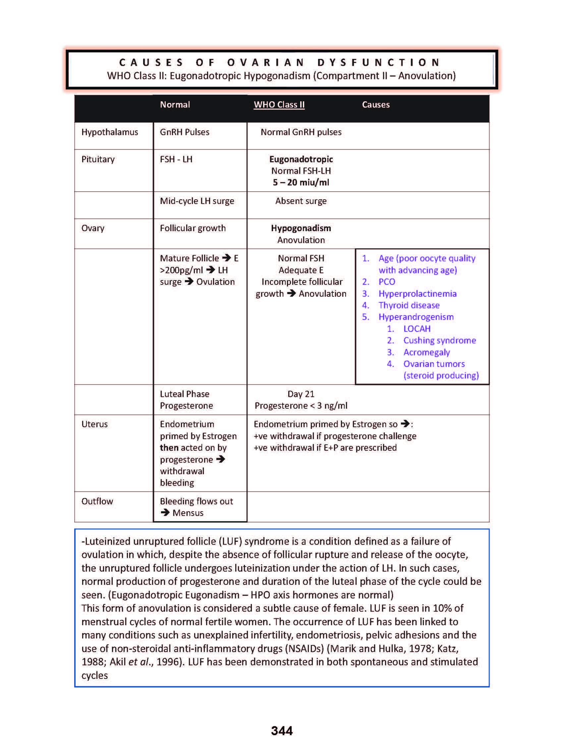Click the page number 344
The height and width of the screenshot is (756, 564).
[282, 731]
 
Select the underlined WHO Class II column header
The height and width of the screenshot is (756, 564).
[279, 105]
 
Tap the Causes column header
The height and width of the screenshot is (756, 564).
[375, 105]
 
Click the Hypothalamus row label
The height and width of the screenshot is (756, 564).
[110, 132]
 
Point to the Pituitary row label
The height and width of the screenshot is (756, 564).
[98, 159]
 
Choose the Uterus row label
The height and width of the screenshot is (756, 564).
[94, 424]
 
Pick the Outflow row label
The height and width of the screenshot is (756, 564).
[97, 501]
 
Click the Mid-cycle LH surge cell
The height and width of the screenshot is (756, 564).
[197, 201]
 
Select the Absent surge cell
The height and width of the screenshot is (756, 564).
[301, 201]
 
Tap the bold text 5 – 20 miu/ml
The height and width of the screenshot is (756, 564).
[301, 182]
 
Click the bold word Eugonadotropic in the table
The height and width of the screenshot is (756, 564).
[301, 159]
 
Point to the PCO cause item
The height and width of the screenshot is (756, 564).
[387, 282]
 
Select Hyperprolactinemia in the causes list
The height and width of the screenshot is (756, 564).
[417, 294]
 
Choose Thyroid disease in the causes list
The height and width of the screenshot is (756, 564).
[409, 305]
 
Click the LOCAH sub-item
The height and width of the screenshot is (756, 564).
[417, 329]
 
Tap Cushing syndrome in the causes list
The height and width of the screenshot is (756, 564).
[439, 340]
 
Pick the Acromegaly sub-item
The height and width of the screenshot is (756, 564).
[426, 352]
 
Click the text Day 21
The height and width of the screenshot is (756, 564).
[301, 394]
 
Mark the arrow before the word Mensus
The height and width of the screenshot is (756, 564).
[165, 512]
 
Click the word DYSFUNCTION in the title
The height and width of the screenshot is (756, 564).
[379, 63]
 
